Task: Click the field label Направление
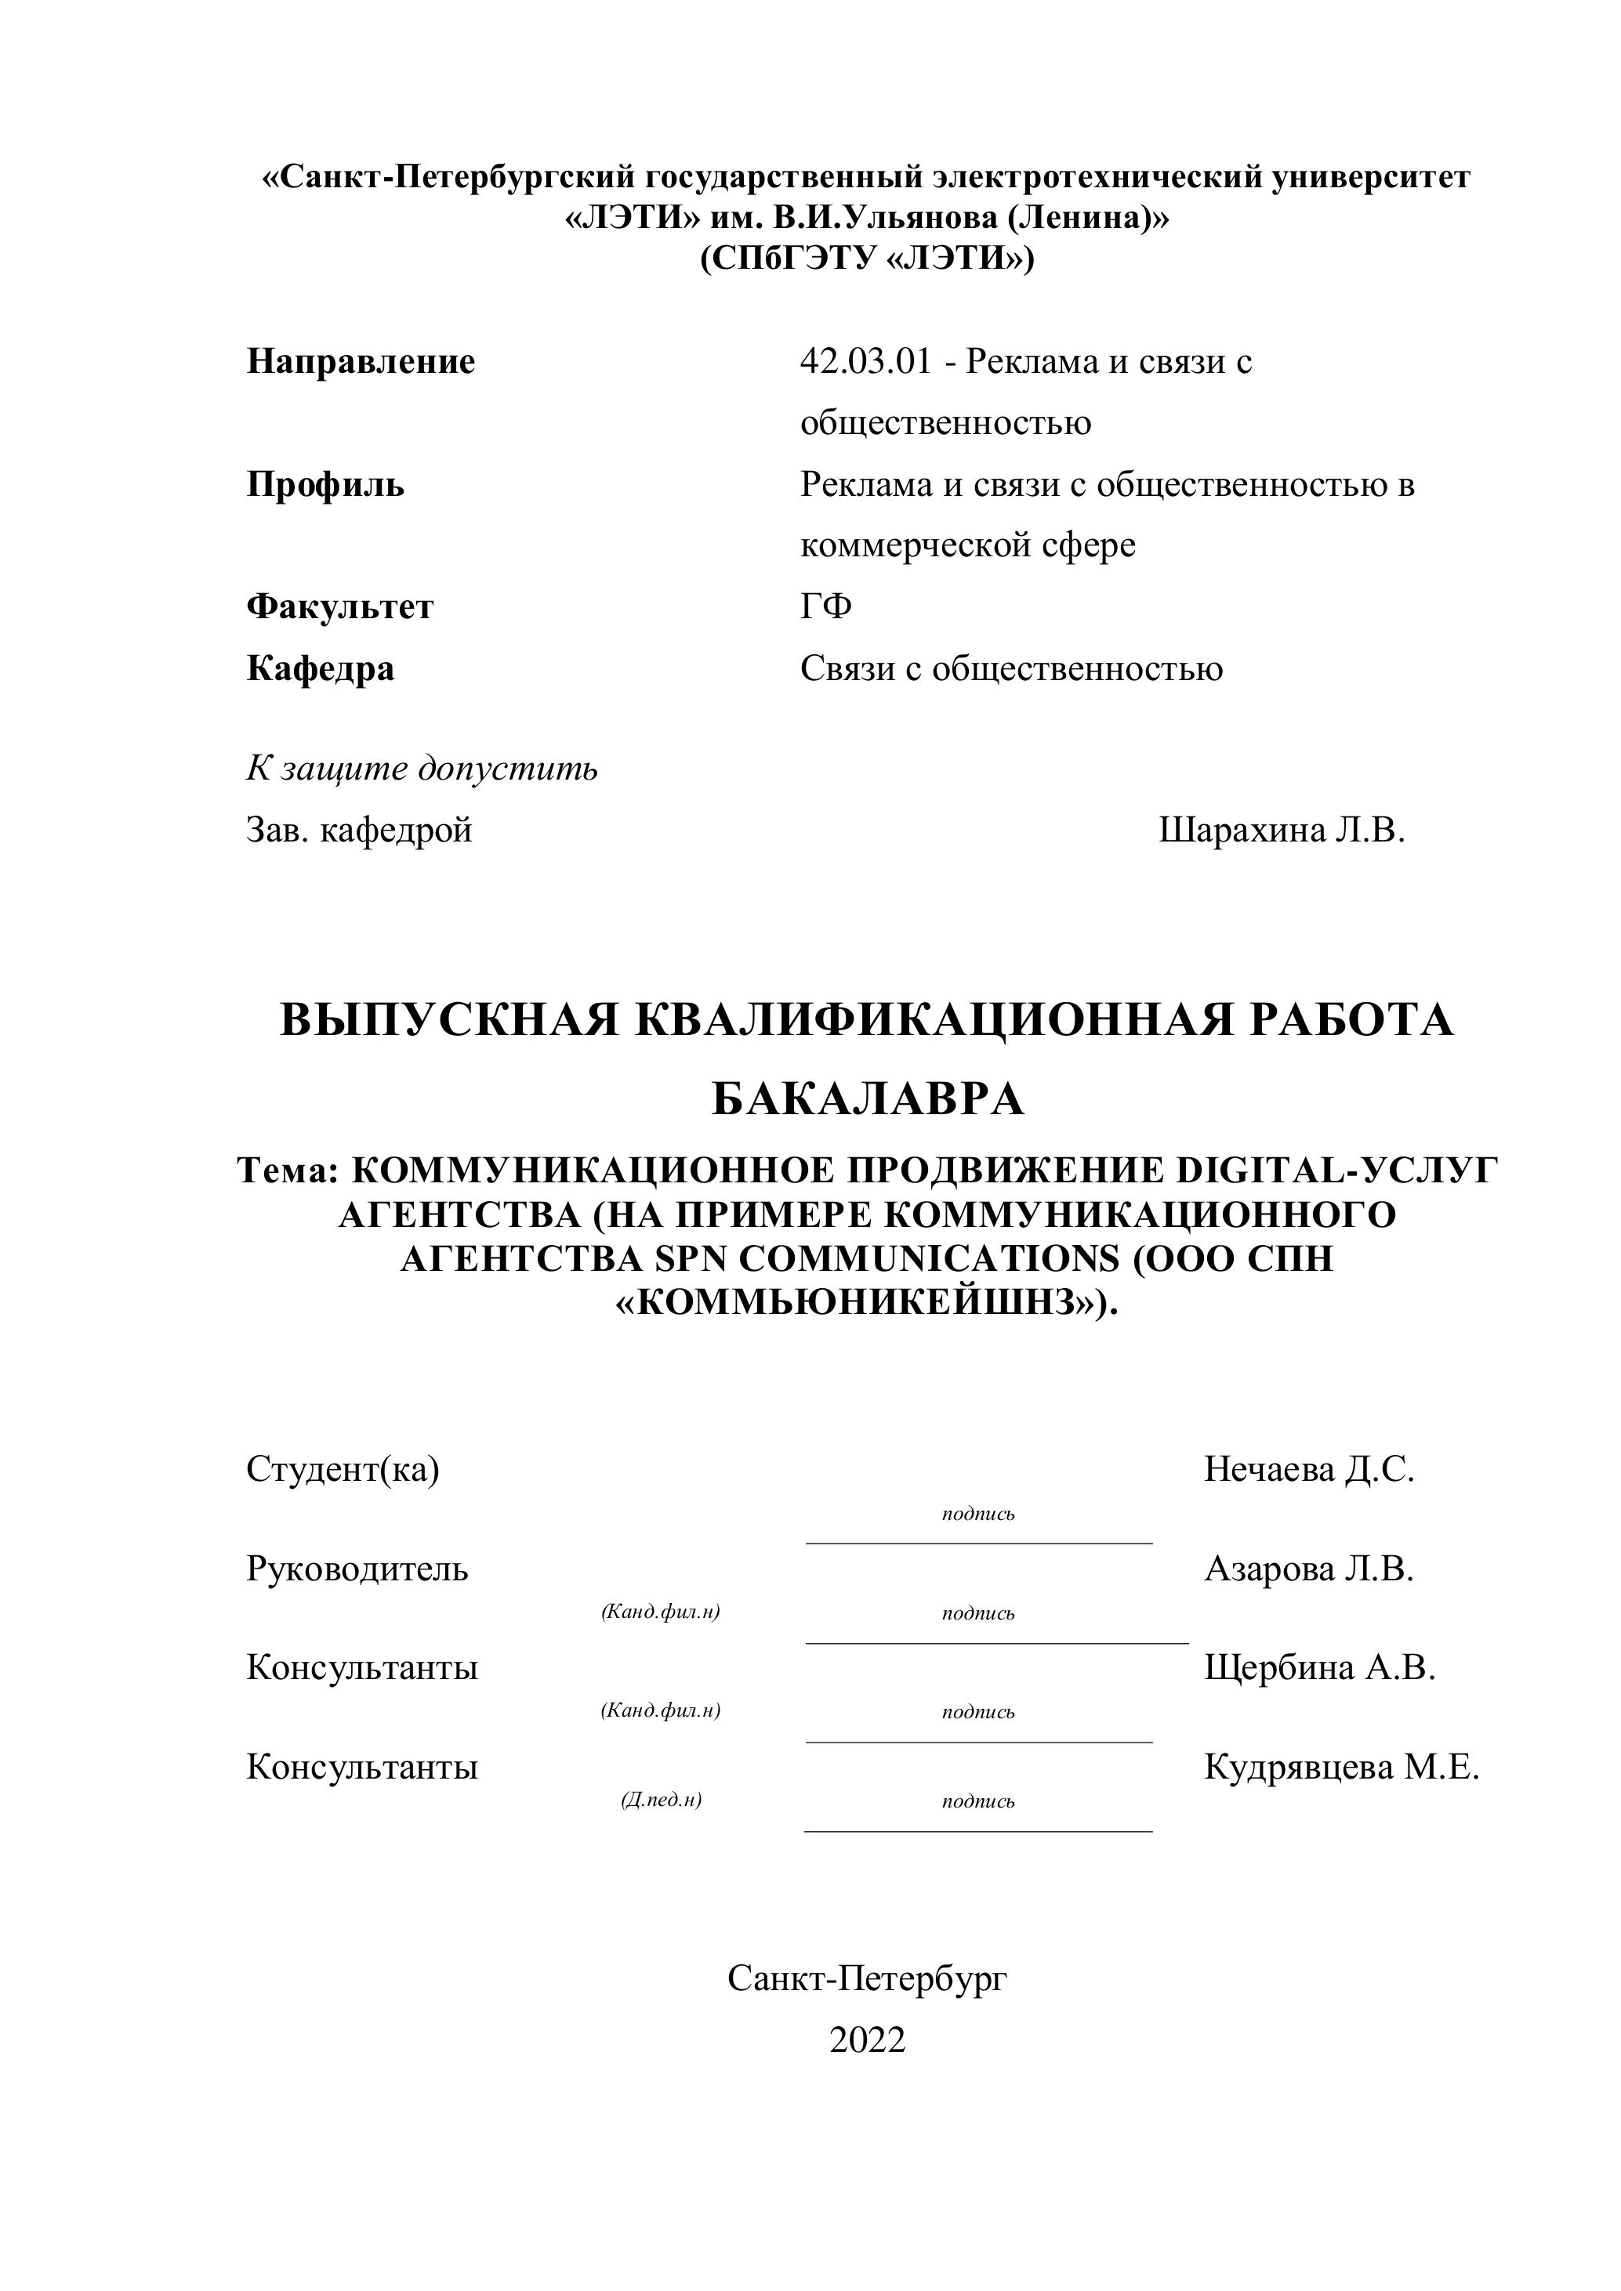[361, 361]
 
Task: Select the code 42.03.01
[865, 361]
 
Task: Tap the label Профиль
[325, 485]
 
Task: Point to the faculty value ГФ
[825, 606]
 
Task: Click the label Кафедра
[321, 668]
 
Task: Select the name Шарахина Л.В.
[1282, 831]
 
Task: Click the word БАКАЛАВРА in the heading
[868, 1099]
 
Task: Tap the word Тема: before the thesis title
[289, 1171]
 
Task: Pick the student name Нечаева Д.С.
[1308, 1469]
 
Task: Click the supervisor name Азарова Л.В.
[1308, 1569]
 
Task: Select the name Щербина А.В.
[1319, 1667]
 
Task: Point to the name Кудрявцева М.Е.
[1341, 1767]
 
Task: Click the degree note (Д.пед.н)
[661, 1800]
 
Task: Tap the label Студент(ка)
[343, 1469]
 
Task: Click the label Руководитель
[357, 1569]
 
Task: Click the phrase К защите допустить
[422, 769]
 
